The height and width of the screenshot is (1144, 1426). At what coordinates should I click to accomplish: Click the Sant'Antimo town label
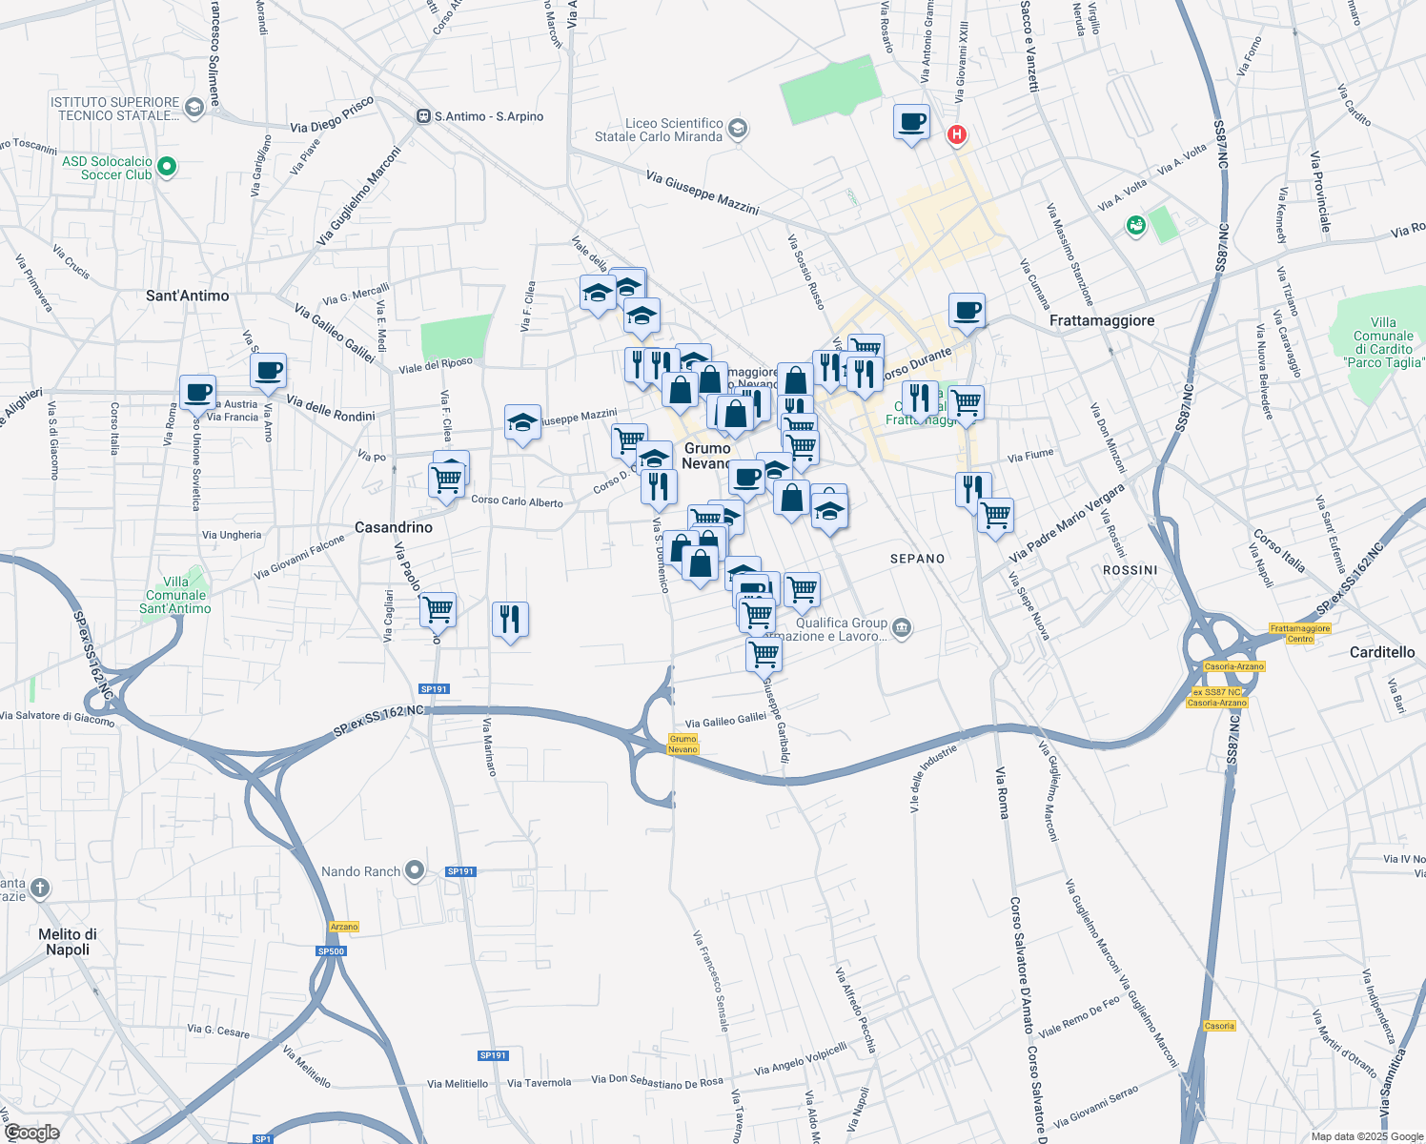tap(187, 296)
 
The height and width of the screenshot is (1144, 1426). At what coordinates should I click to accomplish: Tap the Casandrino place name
tap(393, 527)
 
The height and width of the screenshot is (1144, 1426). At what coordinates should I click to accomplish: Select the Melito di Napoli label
tap(68, 942)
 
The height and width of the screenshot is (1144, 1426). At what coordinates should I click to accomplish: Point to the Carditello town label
tap(1382, 652)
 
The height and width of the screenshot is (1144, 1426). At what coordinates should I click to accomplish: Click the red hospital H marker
tap(956, 135)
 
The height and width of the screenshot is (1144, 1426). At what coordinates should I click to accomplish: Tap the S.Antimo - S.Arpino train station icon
tap(423, 116)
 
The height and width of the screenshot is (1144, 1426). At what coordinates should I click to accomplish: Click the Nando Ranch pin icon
tap(415, 870)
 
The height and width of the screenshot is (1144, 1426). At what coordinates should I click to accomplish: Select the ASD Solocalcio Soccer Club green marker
tap(167, 168)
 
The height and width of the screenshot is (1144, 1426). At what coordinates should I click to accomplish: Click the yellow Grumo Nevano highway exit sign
tap(682, 744)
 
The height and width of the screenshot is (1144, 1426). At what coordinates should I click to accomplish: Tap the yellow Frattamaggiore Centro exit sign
tap(1300, 633)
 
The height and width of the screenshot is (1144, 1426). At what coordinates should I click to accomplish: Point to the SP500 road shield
tap(331, 951)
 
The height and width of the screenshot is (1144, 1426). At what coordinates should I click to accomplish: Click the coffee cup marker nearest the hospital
tap(912, 123)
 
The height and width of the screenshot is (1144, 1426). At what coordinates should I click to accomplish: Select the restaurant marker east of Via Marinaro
tap(511, 620)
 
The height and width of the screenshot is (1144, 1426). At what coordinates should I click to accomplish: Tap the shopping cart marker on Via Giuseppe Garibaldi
tap(764, 655)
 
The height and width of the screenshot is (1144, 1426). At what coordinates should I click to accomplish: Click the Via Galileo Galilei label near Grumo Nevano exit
tap(725, 721)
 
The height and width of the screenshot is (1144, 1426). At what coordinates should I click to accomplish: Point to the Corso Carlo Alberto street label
tap(517, 500)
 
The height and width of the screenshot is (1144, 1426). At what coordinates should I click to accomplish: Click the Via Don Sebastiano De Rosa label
tap(657, 1081)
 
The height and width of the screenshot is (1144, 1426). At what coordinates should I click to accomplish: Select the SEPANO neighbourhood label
tap(917, 559)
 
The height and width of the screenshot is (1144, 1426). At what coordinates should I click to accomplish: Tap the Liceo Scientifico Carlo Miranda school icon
tap(738, 129)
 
